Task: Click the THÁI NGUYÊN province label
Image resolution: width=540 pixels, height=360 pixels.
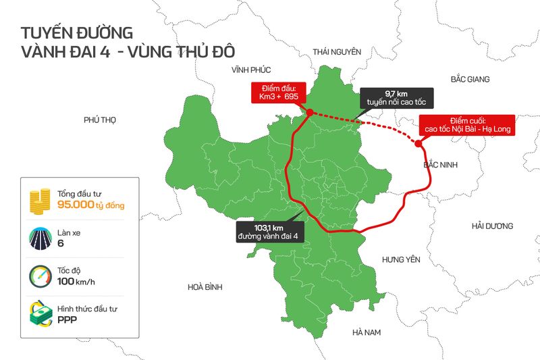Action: pos(337,52)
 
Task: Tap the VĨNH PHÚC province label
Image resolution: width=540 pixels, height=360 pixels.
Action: pos(250,70)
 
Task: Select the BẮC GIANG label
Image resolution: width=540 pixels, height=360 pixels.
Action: pos(470,80)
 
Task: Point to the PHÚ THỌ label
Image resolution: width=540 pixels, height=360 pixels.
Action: pos(100,120)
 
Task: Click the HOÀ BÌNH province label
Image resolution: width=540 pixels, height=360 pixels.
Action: pos(205,287)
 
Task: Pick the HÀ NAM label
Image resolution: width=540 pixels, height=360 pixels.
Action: pos(367,332)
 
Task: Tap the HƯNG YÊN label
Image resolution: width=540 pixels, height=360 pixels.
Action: pos(401,259)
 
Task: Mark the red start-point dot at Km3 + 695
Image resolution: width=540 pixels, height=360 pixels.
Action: pos(308,113)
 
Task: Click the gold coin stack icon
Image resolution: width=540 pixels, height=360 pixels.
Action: pos(40,199)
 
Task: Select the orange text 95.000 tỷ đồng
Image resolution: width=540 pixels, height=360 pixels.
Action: pos(90,205)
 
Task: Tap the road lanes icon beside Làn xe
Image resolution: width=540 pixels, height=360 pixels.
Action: pos(40,238)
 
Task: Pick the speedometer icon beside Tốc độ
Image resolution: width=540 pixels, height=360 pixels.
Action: pos(40,276)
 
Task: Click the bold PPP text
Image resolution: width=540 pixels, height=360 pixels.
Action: pos(68,320)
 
